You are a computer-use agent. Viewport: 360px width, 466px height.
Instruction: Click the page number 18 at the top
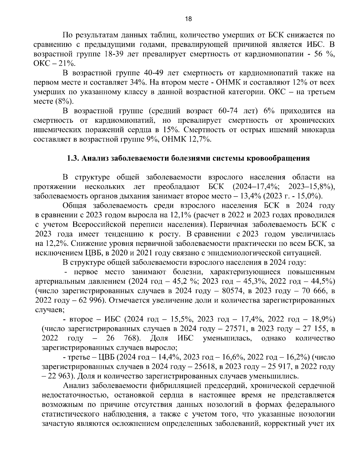pyautogui.click(x=188, y=19)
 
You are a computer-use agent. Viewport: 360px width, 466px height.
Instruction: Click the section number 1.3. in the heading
pyautogui.click(x=73, y=158)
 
